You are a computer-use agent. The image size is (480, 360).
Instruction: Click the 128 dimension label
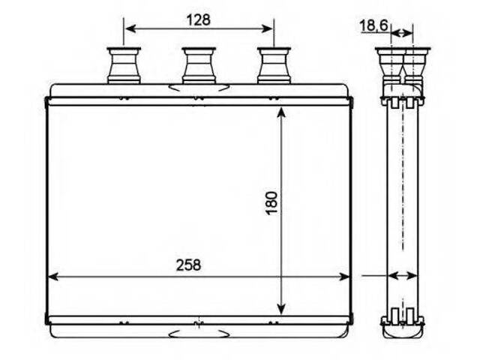(198, 20)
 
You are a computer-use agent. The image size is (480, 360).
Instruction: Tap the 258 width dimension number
(188, 265)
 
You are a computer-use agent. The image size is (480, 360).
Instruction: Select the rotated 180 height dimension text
(271, 203)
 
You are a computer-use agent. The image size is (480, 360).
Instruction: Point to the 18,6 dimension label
(373, 25)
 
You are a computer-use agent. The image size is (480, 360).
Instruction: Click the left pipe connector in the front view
(124, 65)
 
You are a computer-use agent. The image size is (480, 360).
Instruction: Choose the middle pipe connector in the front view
(199, 65)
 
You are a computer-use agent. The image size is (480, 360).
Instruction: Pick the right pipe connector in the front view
(274, 65)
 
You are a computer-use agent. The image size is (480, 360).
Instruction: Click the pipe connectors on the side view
(402, 65)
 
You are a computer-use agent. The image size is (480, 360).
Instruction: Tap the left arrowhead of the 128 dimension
(130, 28)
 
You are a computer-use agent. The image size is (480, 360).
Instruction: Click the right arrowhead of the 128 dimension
(267, 28)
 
